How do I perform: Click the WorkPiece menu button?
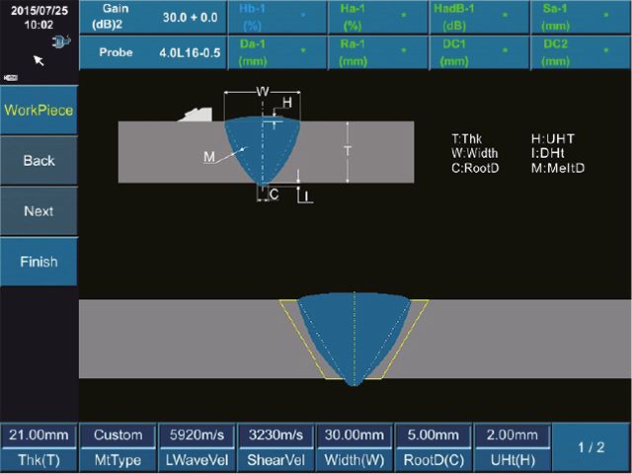(39, 110)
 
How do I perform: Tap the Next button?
(39, 210)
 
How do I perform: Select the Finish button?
(39, 262)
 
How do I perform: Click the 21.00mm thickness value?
(39, 435)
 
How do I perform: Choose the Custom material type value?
(118, 435)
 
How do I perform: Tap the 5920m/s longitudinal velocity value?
(197, 435)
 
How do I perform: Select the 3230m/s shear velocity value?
(276, 435)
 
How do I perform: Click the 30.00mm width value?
(355, 435)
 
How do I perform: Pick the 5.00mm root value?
(434, 435)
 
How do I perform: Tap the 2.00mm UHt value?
(512, 435)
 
